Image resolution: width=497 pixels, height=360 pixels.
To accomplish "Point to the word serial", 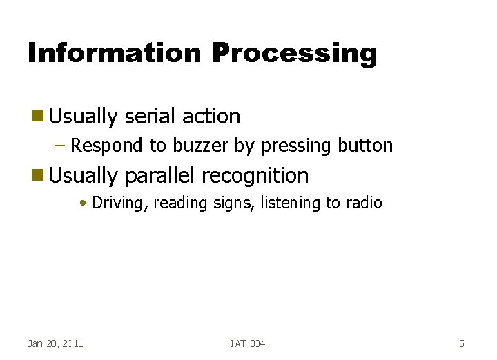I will pyautogui.click(x=149, y=117).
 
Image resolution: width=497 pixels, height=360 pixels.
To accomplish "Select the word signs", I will pyautogui.click(x=237, y=203).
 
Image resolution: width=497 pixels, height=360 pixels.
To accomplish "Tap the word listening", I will pyautogui.click(x=292, y=203).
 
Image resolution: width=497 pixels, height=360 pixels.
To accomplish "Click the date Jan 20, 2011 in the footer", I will pyautogui.click(x=55, y=343).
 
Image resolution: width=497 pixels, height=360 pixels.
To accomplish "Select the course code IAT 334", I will pyautogui.click(x=248, y=343).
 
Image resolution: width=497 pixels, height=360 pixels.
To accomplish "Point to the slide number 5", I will pyautogui.click(x=462, y=343).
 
